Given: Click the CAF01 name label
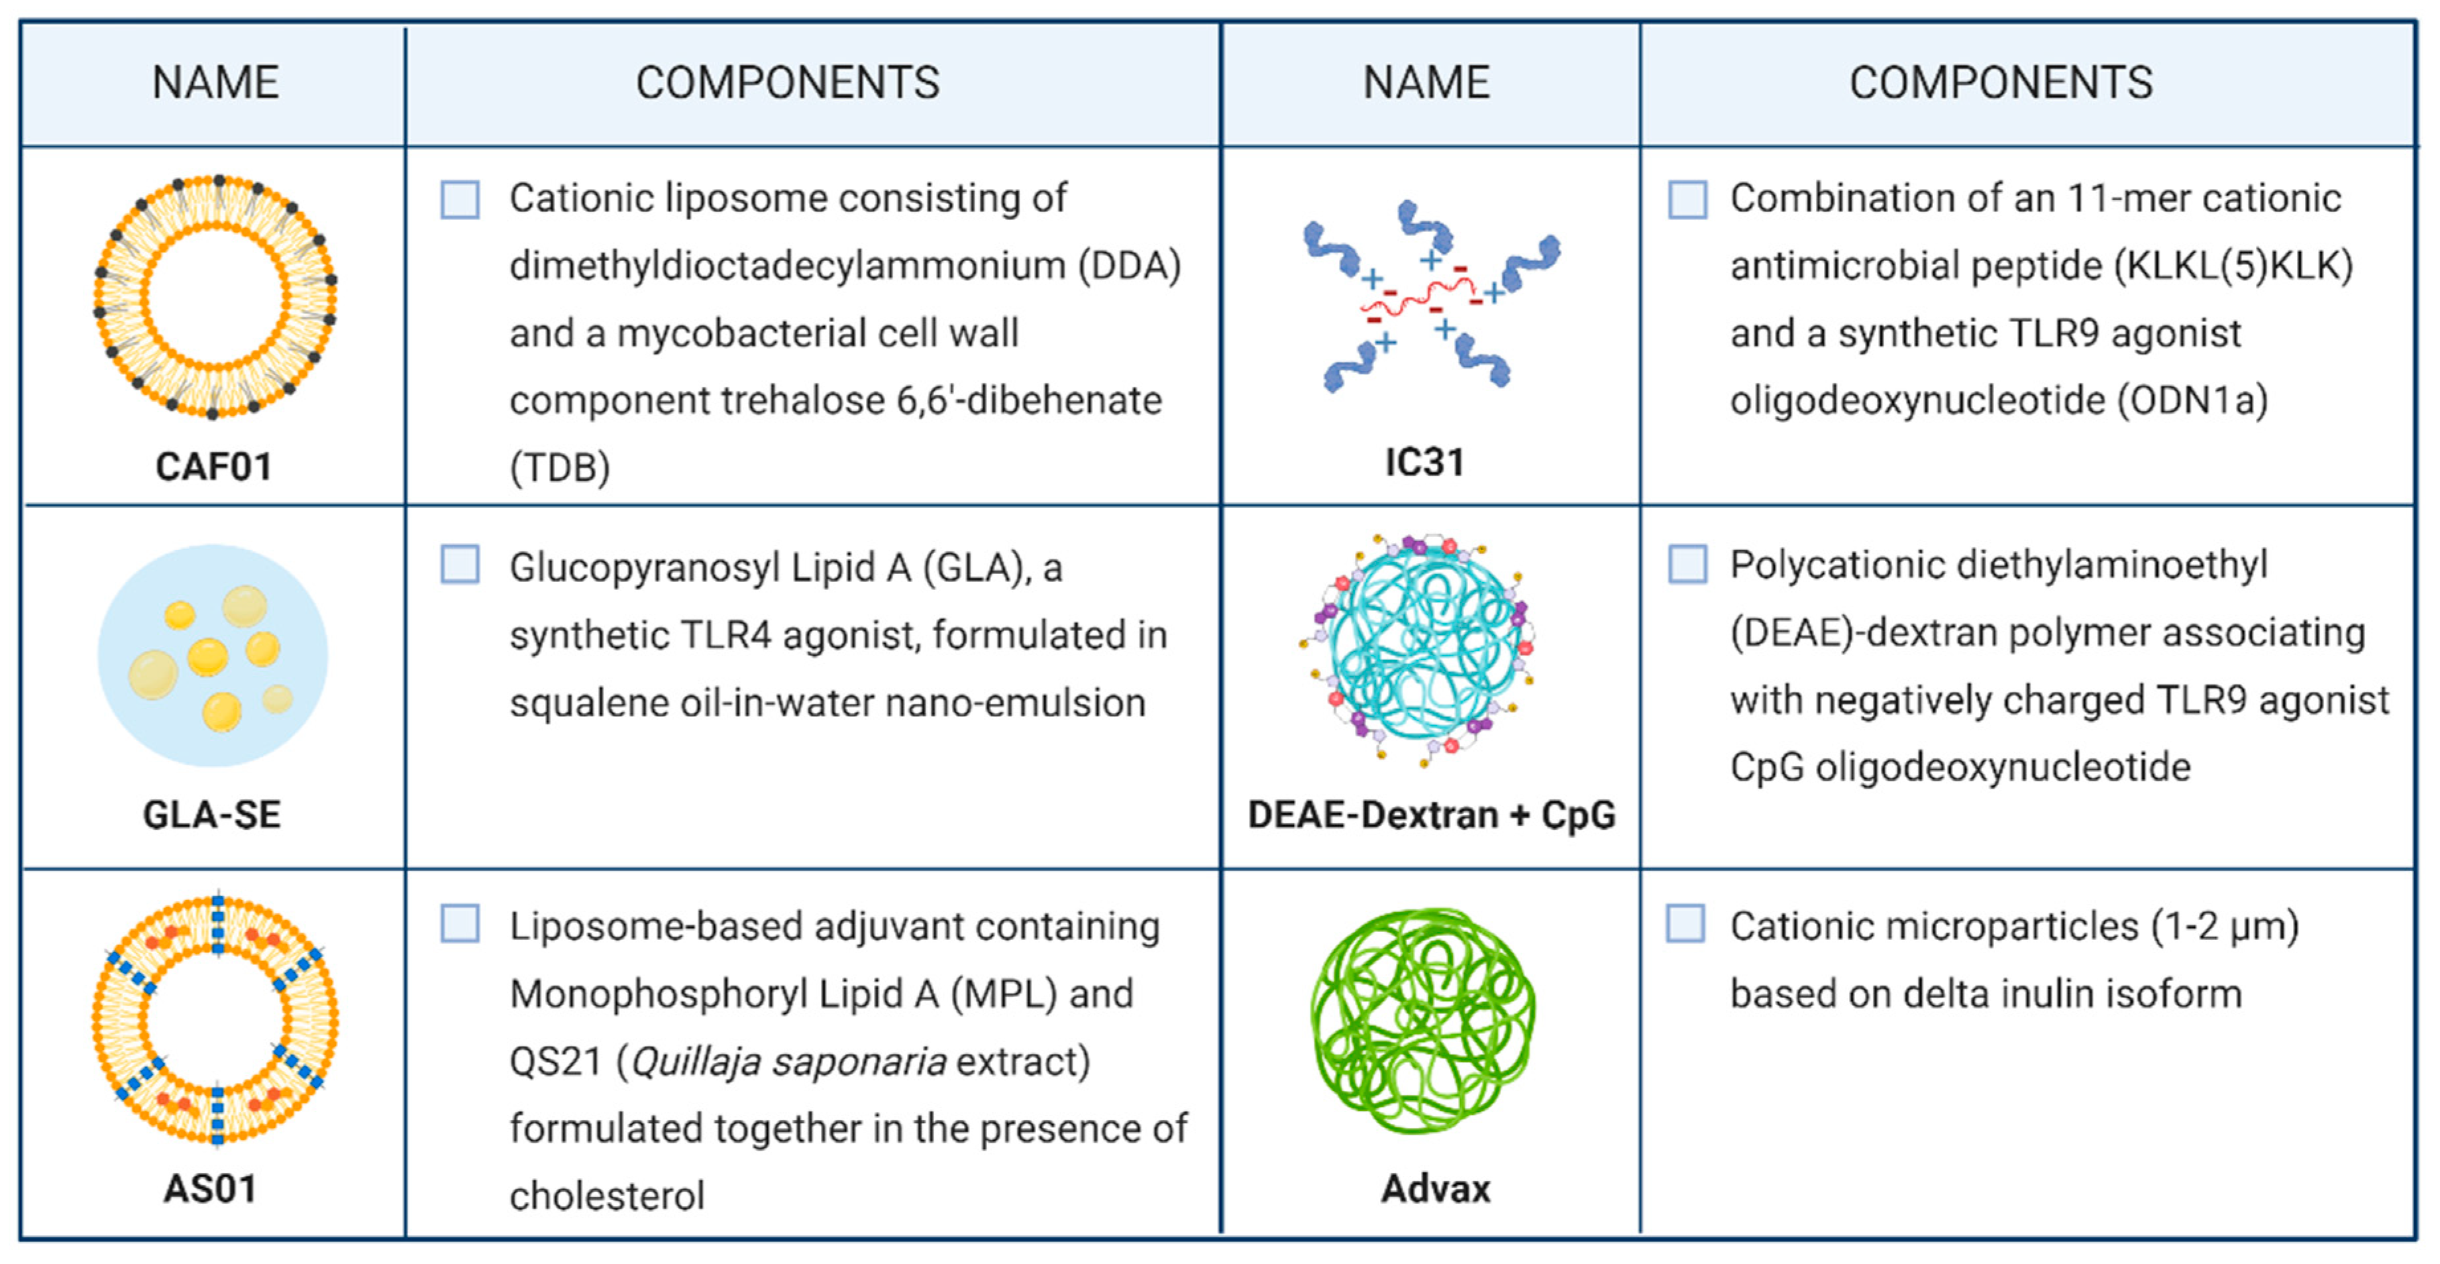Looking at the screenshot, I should tap(213, 466).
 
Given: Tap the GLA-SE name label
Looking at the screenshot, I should tap(212, 814).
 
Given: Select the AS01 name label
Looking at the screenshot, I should tap(210, 1188).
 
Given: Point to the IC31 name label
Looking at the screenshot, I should tap(1424, 463).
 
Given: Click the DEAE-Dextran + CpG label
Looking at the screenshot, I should tap(1431, 814).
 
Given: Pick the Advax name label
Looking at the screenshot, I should tap(1435, 1188).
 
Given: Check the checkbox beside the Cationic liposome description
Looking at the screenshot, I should tap(460, 200).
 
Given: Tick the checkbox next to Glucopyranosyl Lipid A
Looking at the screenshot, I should tap(460, 565).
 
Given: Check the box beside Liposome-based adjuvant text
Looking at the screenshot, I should tap(460, 924).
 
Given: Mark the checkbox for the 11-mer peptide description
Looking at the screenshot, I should tap(1687, 200).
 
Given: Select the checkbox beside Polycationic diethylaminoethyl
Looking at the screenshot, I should tap(1687, 564).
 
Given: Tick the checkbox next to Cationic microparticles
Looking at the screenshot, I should tap(1686, 924).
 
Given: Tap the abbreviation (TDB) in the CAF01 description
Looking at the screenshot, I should tap(560, 467).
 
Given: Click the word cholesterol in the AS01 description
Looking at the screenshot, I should tap(607, 1196).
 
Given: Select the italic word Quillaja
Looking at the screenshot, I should tap(694, 1061).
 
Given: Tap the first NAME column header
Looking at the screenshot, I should tap(215, 82).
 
